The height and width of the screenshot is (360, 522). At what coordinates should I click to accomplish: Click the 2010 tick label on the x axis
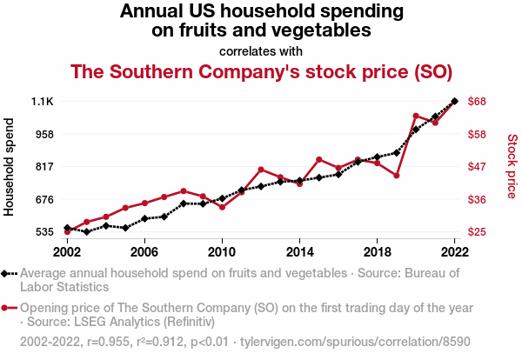[222, 252]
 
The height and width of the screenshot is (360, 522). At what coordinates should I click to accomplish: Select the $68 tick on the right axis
[477, 102]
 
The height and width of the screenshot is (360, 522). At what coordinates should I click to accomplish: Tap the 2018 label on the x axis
[377, 252]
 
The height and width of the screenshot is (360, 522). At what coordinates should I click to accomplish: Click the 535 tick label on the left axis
[43, 232]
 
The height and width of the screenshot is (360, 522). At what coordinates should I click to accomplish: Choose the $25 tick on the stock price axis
[477, 232]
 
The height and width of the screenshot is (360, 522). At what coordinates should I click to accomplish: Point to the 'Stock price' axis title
[512, 165]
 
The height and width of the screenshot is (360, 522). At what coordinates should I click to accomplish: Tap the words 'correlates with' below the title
[261, 50]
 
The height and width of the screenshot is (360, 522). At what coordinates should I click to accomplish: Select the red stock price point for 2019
[397, 176]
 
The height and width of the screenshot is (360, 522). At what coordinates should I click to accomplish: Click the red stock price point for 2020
[416, 116]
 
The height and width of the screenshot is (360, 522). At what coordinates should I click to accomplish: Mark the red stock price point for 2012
[261, 170]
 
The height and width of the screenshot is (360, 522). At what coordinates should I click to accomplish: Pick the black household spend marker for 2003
[87, 232]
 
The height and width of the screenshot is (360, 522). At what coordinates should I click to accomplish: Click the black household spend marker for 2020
[416, 130]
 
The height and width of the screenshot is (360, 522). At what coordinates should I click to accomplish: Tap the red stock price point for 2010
[222, 207]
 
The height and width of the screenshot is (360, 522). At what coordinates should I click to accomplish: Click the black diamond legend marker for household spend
[6, 273]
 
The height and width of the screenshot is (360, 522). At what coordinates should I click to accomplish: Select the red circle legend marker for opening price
[6, 308]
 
